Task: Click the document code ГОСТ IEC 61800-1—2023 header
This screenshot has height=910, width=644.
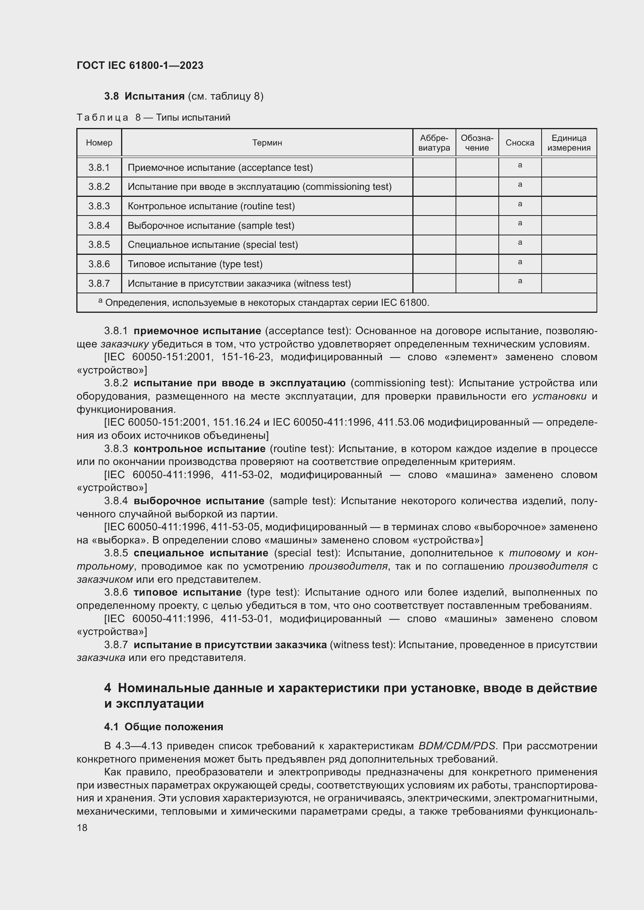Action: click(x=140, y=65)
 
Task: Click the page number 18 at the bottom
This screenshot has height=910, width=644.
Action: click(x=82, y=828)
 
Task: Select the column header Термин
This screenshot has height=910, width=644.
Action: click(x=267, y=143)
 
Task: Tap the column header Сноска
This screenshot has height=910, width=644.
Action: click(x=519, y=143)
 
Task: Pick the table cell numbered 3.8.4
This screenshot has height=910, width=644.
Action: click(x=99, y=226)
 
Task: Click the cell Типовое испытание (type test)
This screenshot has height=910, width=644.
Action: click(x=195, y=264)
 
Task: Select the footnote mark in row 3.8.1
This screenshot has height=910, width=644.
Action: click(x=519, y=165)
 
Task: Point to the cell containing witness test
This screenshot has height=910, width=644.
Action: click(x=239, y=283)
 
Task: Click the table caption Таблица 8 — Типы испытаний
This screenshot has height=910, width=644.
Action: click(x=153, y=117)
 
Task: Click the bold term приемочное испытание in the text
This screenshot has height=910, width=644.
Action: click(x=197, y=331)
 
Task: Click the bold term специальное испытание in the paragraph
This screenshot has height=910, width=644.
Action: click(x=201, y=553)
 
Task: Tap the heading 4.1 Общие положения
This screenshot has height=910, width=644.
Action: click(x=164, y=727)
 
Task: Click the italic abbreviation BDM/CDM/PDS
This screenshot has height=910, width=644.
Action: click(x=456, y=746)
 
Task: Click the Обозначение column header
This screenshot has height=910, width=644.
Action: click(x=477, y=143)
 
